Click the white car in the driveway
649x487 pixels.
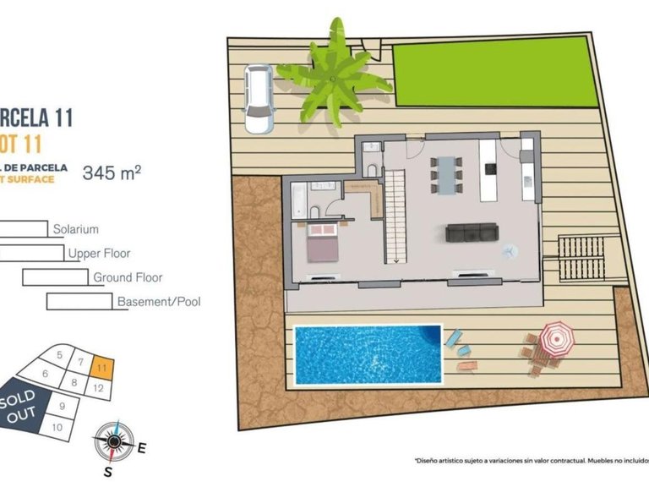tap(257, 99)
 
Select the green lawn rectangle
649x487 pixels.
tap(490, 71)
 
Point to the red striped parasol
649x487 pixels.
tap(555, 338)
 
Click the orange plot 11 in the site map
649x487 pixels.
tap(101, 368)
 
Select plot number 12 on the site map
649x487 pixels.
tap(99, 388)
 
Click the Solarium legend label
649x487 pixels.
tap(76, 229)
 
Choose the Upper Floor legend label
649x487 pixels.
tap(99, 253)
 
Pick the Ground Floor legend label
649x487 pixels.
tap(128, 277)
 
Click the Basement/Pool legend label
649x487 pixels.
tap(159, 301)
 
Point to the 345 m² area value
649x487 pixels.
tap(111, 173)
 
